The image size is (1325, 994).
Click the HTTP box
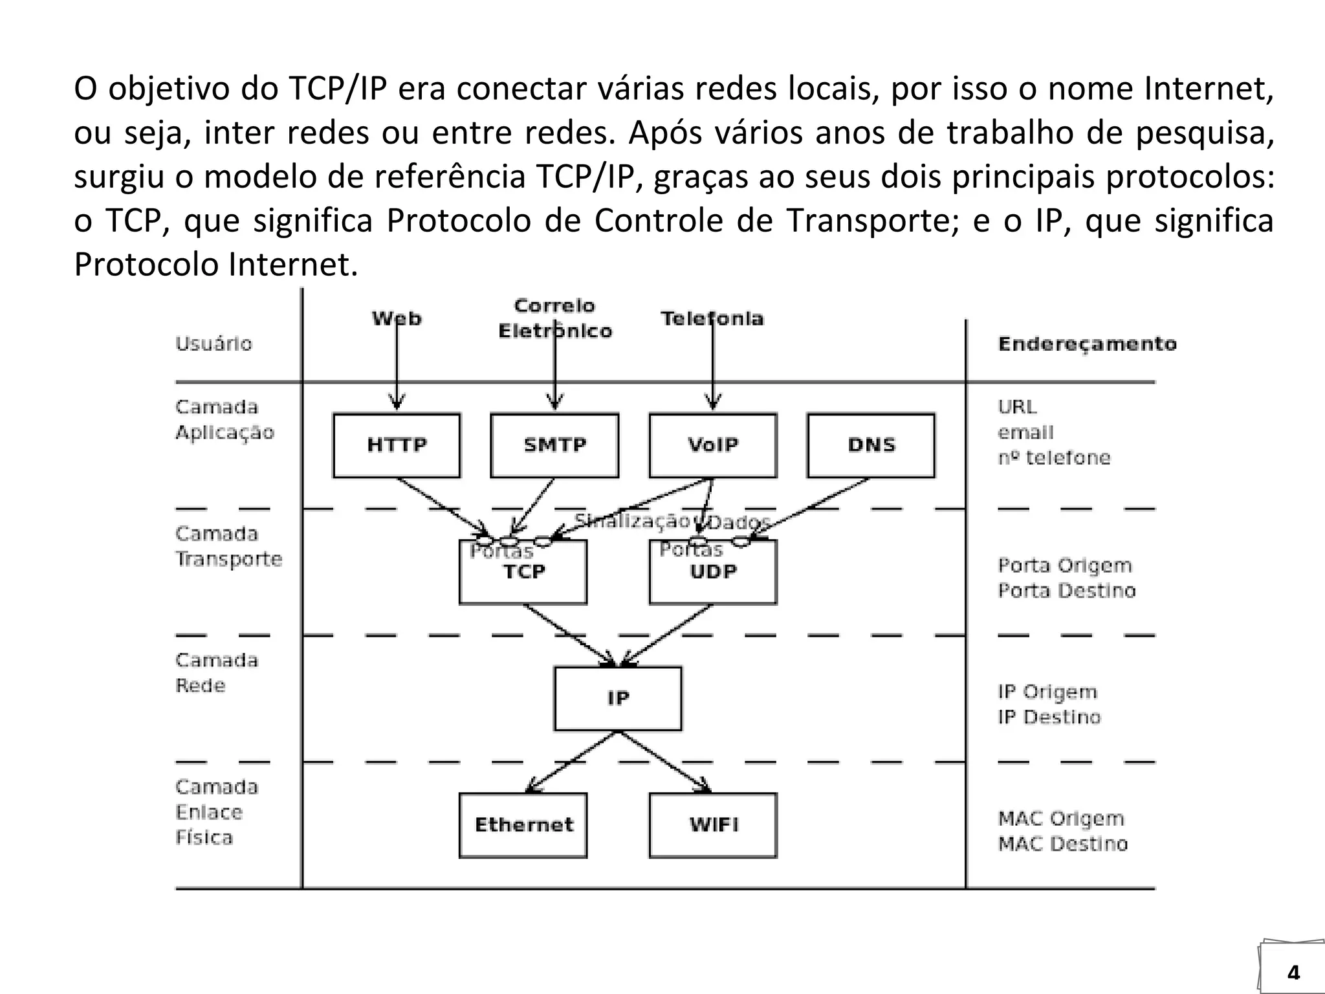(397, 445)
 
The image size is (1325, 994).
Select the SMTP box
(554, 445)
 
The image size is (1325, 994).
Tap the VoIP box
(713, 445)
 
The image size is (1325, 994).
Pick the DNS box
(871, 445)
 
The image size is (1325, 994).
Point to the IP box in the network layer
(618, 698)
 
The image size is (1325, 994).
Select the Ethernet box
(523, 825)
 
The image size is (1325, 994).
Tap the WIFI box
(713, 825)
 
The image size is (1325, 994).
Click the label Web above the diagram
(397, 318)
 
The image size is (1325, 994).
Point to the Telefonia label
(712, 318)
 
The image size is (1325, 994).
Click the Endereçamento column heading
(1087, 344)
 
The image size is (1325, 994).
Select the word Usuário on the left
(214, 344)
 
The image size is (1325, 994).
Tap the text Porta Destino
(1067, 591)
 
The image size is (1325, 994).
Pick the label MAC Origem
(1061, 819)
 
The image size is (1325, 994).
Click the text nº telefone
(1054, 458)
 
